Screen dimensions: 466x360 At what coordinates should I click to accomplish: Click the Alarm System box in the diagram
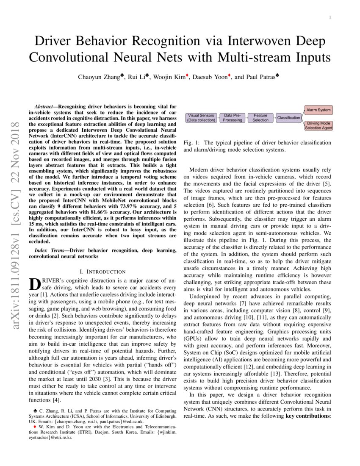[318, 110]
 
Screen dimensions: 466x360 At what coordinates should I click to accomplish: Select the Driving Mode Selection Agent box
[318, 125]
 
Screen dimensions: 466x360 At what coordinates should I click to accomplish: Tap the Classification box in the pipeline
[288, 118]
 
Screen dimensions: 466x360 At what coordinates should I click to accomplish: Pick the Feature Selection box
[260, 118]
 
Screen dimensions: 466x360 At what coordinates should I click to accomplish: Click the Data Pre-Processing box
[233, 118]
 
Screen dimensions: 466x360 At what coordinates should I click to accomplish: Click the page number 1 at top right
[330, 17]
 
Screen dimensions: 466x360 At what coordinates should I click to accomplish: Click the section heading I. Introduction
[102, 272]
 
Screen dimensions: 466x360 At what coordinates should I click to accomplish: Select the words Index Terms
[48, 250]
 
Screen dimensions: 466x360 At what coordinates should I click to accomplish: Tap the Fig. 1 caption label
[192, 143]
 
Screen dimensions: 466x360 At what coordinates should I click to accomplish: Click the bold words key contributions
[308, 416]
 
